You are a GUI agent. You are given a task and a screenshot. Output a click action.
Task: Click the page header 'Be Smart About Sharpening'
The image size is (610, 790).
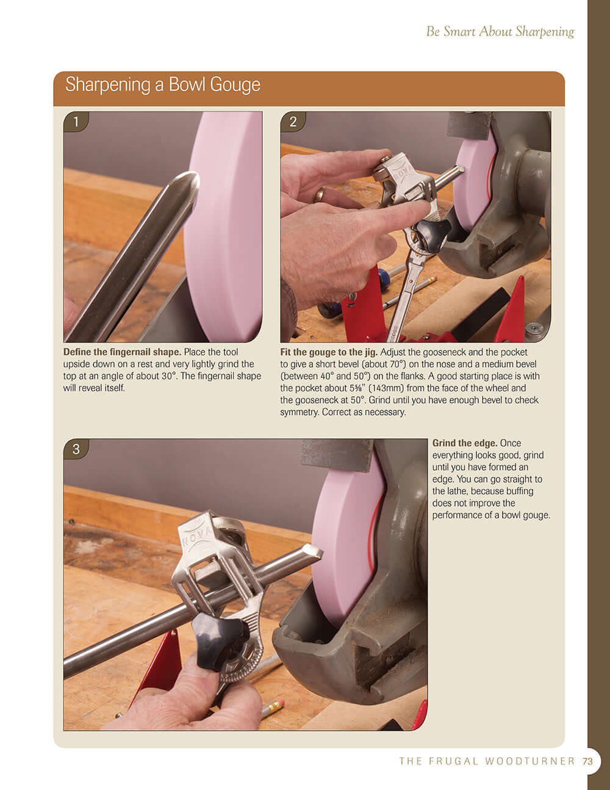tap(500, 31)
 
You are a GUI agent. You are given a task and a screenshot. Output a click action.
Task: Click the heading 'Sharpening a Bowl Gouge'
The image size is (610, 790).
tap(163, 84)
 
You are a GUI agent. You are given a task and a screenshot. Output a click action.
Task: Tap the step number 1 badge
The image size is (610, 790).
tap(76, 121)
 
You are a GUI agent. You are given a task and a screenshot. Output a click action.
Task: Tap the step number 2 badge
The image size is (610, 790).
tap(293, 121)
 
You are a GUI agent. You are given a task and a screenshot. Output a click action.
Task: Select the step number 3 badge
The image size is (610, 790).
tap(76, 449)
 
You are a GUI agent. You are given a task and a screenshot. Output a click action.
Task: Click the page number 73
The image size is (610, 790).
tap(587, 761)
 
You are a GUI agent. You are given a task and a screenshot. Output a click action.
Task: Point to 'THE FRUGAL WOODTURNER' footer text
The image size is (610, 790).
tap(487, 761)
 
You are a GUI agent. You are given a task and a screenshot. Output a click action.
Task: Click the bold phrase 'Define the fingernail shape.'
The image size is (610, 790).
tap(122, 352)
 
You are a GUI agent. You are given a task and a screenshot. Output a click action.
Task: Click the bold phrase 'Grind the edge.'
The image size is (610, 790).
tap(465, 443)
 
